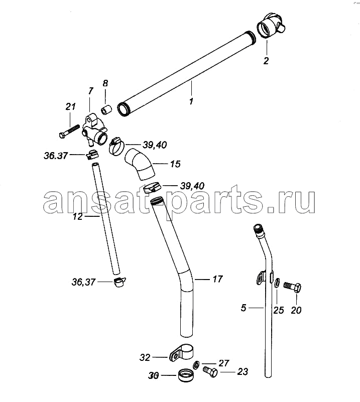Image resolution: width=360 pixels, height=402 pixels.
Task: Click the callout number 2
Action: pos(266,61)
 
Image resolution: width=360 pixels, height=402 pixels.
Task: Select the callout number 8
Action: pos(105,83)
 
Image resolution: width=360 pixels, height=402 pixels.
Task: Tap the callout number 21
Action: pos(70,106)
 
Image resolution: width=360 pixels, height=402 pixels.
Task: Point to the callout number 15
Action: pos(175,164)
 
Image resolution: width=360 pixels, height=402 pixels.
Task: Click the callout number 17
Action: pos(218,279)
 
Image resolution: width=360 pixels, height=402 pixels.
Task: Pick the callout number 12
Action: pos(78,217)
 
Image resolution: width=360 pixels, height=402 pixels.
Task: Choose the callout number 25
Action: pos(279,310)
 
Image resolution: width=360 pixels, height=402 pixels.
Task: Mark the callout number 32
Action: pos(145,357)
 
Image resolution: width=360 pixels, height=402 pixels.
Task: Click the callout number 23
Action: pos(243,371)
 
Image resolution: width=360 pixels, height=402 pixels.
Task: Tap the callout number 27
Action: pos(223,363)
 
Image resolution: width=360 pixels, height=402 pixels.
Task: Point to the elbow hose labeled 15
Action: pos(139,164)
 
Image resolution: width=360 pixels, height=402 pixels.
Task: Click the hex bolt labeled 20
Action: pos(293,287)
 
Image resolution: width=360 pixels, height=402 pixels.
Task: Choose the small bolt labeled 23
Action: pos(210,371)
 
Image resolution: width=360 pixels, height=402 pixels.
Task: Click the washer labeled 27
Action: pos(196,365)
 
